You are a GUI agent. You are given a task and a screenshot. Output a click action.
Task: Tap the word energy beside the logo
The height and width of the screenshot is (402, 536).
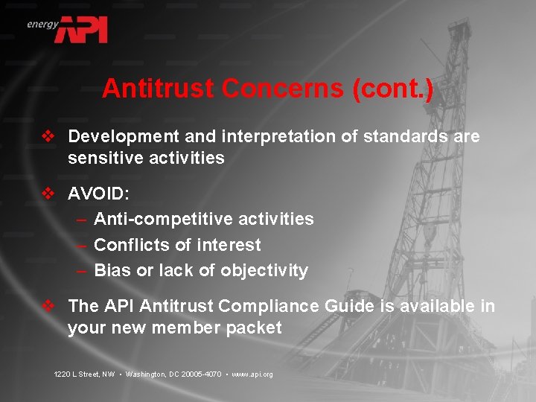[x=42, y=24]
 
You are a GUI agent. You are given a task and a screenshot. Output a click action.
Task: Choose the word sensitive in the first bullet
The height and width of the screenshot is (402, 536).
[x=103, y=158]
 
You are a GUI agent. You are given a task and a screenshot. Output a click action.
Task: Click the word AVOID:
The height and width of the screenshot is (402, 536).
[x=98, y=194]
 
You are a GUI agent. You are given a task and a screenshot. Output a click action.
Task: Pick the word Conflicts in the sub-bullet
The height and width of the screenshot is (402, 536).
[x=130, y=245]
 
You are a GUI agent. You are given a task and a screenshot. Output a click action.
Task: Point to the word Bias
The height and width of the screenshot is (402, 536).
[x=112, y=270]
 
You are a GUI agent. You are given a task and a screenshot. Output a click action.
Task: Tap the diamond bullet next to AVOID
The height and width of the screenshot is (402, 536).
[x=48, y=194]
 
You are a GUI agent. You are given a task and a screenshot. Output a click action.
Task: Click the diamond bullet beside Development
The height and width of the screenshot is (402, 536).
[x=48, y=137]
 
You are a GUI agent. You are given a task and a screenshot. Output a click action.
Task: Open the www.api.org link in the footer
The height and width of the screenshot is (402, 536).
[x=252, y=374]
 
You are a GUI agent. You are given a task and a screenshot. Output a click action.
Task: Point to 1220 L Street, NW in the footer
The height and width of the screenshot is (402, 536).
[x=84, y=374]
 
